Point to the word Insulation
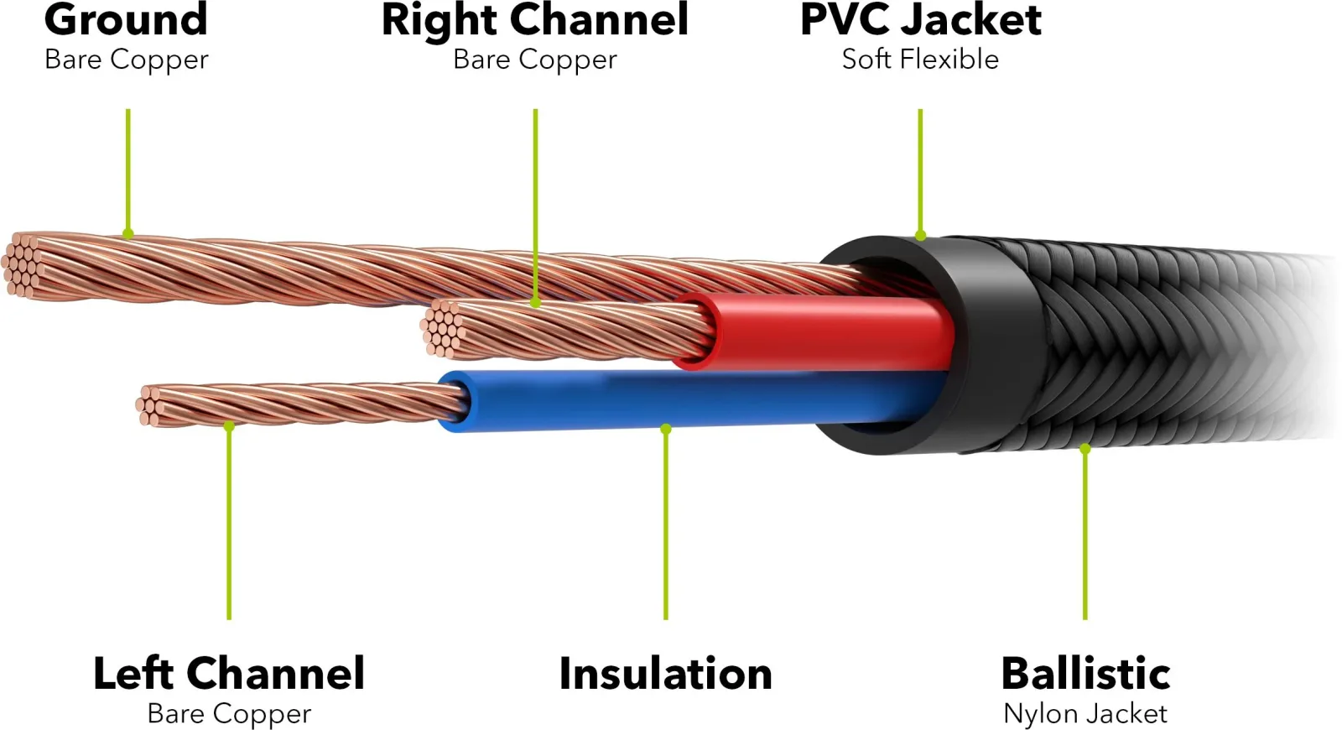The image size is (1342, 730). pos(665,674)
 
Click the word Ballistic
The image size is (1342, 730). pos(1085,674)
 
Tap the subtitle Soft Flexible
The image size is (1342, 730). pos(920,60)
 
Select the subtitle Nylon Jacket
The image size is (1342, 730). pos(1085,713)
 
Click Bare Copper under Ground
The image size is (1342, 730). pos(126,60)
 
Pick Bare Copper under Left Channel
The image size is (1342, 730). pos(229,714)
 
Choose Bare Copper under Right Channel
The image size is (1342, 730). pos(534,60)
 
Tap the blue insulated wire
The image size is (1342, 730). pos(689,400)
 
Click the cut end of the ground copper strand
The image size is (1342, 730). pos(23,265)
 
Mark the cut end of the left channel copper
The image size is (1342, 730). pos(150,406)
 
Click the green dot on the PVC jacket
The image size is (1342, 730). pos(921,236)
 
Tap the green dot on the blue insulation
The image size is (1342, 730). pos(666,429)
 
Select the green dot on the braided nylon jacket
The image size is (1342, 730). pos(1085,448)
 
